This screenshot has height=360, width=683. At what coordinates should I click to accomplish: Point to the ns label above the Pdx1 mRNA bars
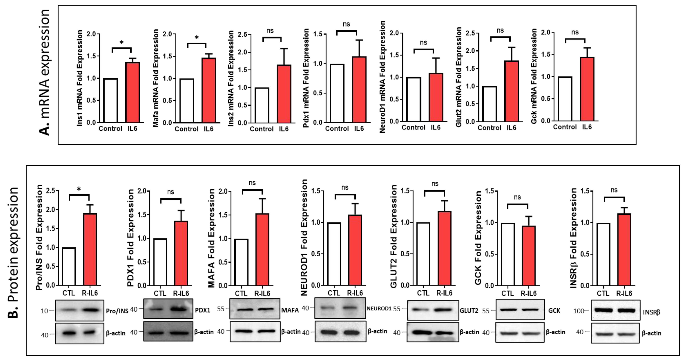(x=346, y=24)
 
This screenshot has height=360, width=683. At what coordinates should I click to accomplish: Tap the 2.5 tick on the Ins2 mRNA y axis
(x=242, y=34)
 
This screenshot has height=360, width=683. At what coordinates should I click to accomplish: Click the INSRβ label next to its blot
(x=651, y=312)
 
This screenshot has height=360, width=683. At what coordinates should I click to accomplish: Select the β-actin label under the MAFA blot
(x=291, y=331)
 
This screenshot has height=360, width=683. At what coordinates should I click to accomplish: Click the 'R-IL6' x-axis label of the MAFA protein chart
(x=262, y=293)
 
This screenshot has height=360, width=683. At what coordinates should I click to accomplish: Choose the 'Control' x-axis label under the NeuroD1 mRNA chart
(x=413, y=128)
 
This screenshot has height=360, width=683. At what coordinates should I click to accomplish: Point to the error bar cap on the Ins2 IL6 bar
(x=284, y=49)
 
